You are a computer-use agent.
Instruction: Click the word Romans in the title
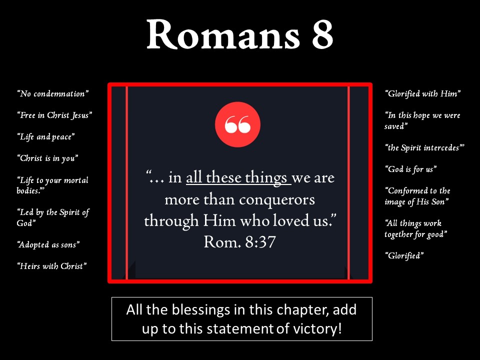pos(223,34)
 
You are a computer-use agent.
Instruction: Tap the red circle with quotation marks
pos(237,124)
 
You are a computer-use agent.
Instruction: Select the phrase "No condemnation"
pos(53,93)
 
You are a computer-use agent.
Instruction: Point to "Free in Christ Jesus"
pos(55,115)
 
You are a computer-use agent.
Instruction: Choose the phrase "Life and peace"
pos(46,137)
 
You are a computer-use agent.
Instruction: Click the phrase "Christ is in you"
pos(48,158)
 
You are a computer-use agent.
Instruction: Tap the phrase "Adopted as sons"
pos(48,244)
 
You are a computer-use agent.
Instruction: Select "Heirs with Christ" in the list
pos(52,266)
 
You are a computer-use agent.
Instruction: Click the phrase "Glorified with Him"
pos(423,93)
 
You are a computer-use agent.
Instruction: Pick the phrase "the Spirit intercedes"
pos(424,148)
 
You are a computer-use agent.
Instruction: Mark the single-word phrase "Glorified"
pos(404,255)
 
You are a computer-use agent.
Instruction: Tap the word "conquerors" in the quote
pos(276,200)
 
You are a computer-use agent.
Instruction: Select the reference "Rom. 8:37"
pos(239,242)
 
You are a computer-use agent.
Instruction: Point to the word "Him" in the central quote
pos(219,220)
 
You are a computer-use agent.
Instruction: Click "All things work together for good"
pos(415,228)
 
